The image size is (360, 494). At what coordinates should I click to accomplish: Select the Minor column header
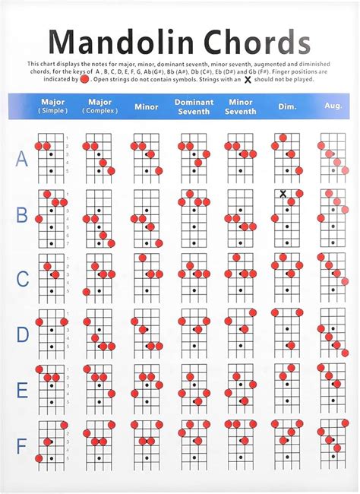[147, 107]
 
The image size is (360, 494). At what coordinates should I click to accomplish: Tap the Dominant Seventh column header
[194, 106]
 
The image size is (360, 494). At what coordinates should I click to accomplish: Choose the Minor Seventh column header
[241, 106]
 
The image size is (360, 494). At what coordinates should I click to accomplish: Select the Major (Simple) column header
[52, 106]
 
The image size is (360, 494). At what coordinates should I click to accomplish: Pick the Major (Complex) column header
[100, 106]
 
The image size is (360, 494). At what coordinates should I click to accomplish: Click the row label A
[22, 159]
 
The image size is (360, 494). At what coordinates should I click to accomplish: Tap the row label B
[22, 215]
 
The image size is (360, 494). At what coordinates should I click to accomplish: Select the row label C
[22, 279]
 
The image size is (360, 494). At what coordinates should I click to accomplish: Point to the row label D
[22, 334]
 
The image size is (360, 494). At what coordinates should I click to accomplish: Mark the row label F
[22, 445]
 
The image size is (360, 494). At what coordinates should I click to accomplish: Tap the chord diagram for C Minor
[146, 274]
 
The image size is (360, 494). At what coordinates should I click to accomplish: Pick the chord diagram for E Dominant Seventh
[193, 387]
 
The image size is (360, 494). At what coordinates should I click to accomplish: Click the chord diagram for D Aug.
[332, 331]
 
